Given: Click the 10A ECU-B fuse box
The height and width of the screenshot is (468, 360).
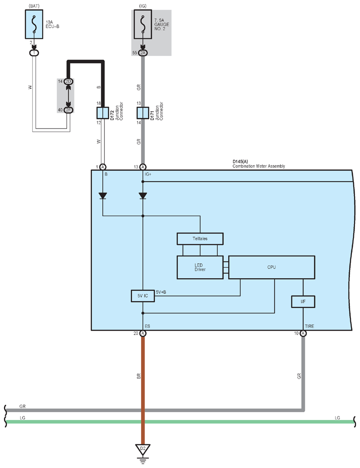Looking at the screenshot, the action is point(34,24).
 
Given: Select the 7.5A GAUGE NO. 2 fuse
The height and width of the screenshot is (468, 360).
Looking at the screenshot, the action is point(143,24).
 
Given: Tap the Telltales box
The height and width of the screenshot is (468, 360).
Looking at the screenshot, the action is point(200,239).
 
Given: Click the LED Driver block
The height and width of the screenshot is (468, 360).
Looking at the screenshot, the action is point(200,267).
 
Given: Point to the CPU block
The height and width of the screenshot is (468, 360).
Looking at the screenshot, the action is point(271,267).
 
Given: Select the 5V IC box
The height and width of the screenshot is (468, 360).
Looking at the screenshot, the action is point(143,296).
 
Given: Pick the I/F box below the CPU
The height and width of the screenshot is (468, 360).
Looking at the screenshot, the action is point(303,302).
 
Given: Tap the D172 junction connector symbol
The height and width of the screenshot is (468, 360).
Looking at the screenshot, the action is point(103,113).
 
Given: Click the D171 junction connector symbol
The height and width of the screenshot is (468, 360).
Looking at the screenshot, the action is point(143,113).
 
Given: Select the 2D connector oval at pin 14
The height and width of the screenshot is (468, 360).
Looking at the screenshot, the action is point(68,81).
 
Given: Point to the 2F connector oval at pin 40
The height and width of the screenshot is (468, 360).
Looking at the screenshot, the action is point(68,110).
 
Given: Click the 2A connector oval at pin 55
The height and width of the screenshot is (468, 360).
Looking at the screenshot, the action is point(143,53).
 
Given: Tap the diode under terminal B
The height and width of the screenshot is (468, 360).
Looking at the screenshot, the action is point(103,196).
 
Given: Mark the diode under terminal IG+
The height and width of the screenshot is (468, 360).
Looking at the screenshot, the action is point(143,196).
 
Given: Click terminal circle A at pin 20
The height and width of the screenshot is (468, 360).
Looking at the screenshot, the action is point(143,333).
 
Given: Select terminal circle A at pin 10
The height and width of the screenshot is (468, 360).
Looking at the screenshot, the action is point(303,333).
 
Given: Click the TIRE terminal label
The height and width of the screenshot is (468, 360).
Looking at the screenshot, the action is point(309,326).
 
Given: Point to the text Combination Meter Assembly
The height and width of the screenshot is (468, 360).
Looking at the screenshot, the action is point(259,166).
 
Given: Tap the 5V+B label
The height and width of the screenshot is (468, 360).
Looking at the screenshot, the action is point(161,292).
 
